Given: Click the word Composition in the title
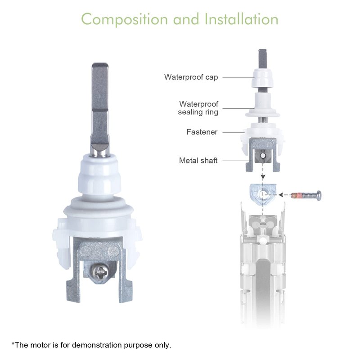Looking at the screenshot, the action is (x=125, y=19).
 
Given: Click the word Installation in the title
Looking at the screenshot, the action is (x=241, y=19).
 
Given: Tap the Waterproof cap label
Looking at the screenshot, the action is (x=191, y=77).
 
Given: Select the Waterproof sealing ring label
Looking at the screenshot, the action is (x=198, y=108).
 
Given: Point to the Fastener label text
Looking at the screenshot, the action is (x=202, y=132).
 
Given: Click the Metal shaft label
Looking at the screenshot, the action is (x=198, y=161).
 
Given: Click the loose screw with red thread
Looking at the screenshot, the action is (x=306, y=196).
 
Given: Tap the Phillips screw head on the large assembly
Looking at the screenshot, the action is (x=99, y=272).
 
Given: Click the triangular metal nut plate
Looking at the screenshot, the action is (x=262, y=194).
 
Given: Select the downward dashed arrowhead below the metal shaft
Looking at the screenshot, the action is (x=263, y=177).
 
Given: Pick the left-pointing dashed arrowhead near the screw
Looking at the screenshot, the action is (x=280, y=195).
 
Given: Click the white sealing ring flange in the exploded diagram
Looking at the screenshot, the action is (x=262, y=114).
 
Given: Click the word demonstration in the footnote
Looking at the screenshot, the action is (x=97, y=345).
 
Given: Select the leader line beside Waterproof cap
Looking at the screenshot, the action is (x=238, y=77).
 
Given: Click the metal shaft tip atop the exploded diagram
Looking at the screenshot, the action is (x=262, y=58).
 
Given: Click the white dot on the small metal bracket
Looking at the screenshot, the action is (x=263, y=156).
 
